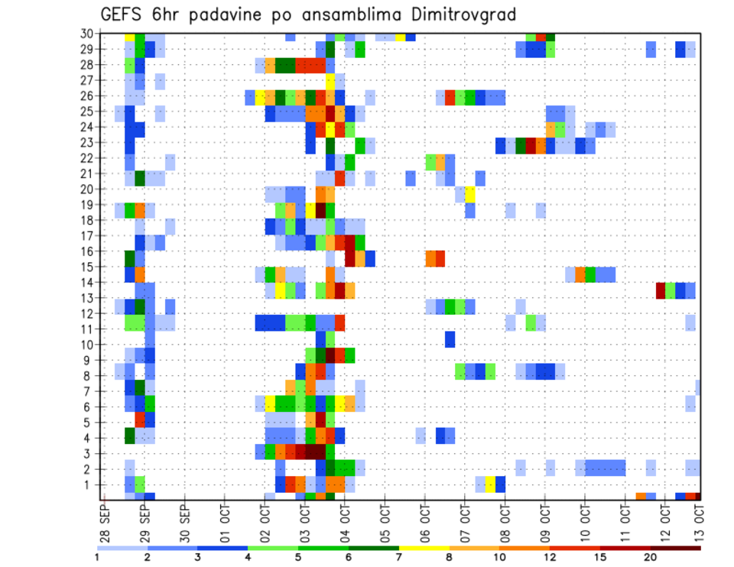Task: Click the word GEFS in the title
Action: (124, 14)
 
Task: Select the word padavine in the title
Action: (232, 14)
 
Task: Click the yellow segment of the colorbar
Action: (424, 548)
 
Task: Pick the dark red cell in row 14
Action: (661, 290)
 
